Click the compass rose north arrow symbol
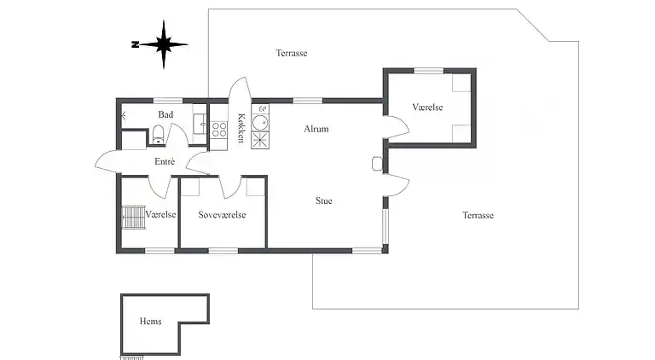165,44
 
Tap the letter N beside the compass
135,44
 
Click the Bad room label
165,114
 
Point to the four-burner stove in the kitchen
218,130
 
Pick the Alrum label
316,129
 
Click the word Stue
323,201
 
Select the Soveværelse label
222,215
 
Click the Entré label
165,161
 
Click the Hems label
150,322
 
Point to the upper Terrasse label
291,53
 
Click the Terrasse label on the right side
478,215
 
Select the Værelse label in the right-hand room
428,107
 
